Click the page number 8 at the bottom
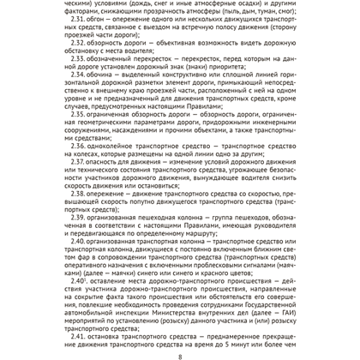180,355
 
